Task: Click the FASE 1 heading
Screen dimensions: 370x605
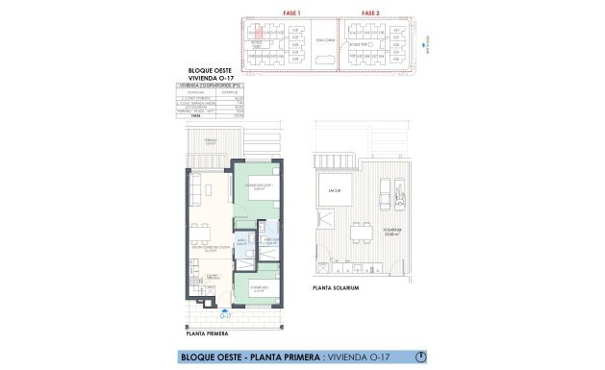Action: tap(292, 12)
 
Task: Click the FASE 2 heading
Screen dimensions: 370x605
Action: tap(370, 12)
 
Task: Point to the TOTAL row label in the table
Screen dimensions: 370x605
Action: tap(183, 115)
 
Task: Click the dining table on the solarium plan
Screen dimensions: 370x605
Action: tap(363, 234)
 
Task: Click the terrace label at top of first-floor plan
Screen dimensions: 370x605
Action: tap(209, 142)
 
